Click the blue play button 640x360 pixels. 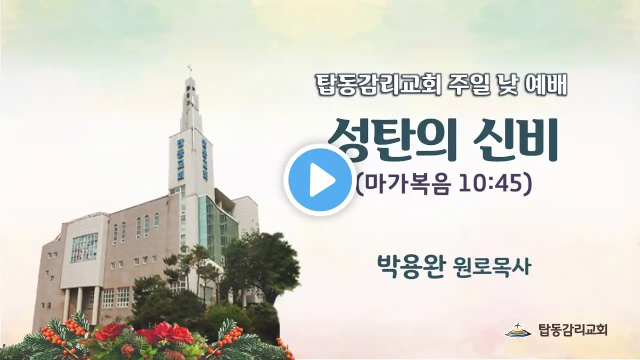tap(319, 180)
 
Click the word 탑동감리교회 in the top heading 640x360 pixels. tap(377, 85)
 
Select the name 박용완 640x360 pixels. tap(410, 267)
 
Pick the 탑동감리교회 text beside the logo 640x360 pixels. tap(572, 330)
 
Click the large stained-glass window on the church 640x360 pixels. tap(84, 247)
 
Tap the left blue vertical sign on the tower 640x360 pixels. tap(180, 159)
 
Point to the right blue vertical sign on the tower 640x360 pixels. tap(204, 159)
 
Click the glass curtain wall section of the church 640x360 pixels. tap(217, 225)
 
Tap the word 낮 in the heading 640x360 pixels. tap(508, 85)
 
